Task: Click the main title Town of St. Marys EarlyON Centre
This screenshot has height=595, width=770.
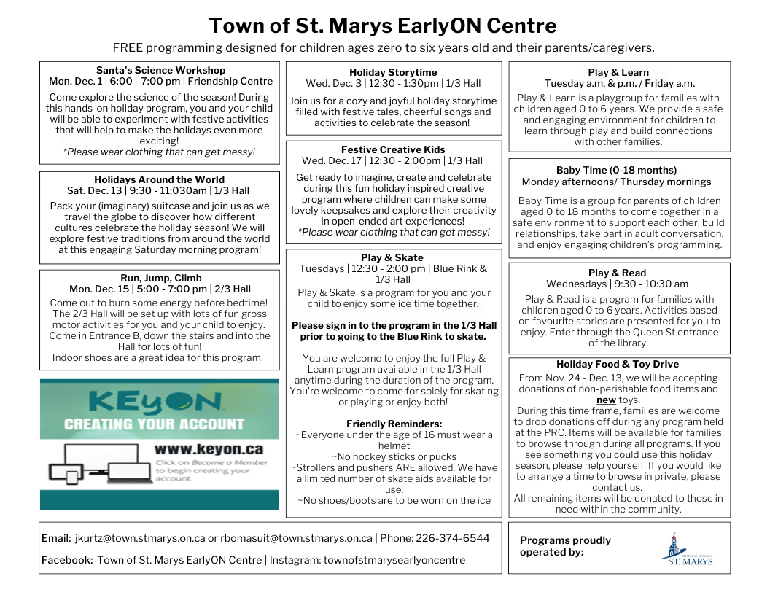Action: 383,26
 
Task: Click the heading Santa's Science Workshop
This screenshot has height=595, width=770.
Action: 160,70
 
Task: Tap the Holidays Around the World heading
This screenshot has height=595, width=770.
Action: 159,179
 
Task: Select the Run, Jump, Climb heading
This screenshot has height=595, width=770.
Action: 160,278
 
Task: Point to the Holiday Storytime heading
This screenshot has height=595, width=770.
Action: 393,72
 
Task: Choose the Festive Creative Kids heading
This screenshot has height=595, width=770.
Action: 393,149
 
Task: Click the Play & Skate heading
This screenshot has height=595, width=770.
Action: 392,257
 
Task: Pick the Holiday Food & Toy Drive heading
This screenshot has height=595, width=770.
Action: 617,364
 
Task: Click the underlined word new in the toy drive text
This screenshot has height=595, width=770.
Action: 606,400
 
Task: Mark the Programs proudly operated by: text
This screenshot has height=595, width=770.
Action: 565,546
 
